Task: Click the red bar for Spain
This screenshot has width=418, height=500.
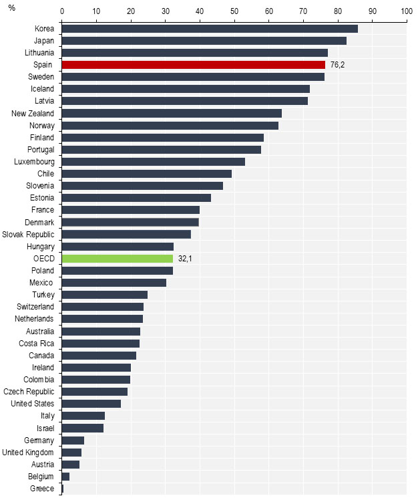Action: coord(194,65)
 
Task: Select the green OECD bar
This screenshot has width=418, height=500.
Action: coord(118,259)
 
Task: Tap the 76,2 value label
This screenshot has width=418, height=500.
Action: coord(337,65)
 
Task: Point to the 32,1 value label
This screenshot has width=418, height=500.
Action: coord(185,259)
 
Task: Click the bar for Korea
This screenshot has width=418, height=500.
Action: coord(210,28)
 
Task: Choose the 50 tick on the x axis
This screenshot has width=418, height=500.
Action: coord(234,11)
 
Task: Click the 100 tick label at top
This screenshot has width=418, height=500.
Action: coord(406,11)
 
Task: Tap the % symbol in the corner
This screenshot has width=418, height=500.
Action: coord(11,8)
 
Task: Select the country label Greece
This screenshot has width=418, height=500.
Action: coord(42,489)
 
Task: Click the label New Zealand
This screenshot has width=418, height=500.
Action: coord(33,113)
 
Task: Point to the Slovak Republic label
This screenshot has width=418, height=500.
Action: coord(29,235)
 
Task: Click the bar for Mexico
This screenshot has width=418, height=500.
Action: coord(114,283)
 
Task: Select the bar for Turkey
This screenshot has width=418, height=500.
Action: coord(105,295)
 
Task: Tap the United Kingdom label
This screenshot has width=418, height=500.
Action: coord(29,453)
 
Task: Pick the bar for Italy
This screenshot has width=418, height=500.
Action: coord(83,416)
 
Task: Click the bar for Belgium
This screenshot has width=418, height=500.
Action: coord(65,477)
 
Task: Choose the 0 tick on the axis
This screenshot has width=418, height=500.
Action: coord(62,11)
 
